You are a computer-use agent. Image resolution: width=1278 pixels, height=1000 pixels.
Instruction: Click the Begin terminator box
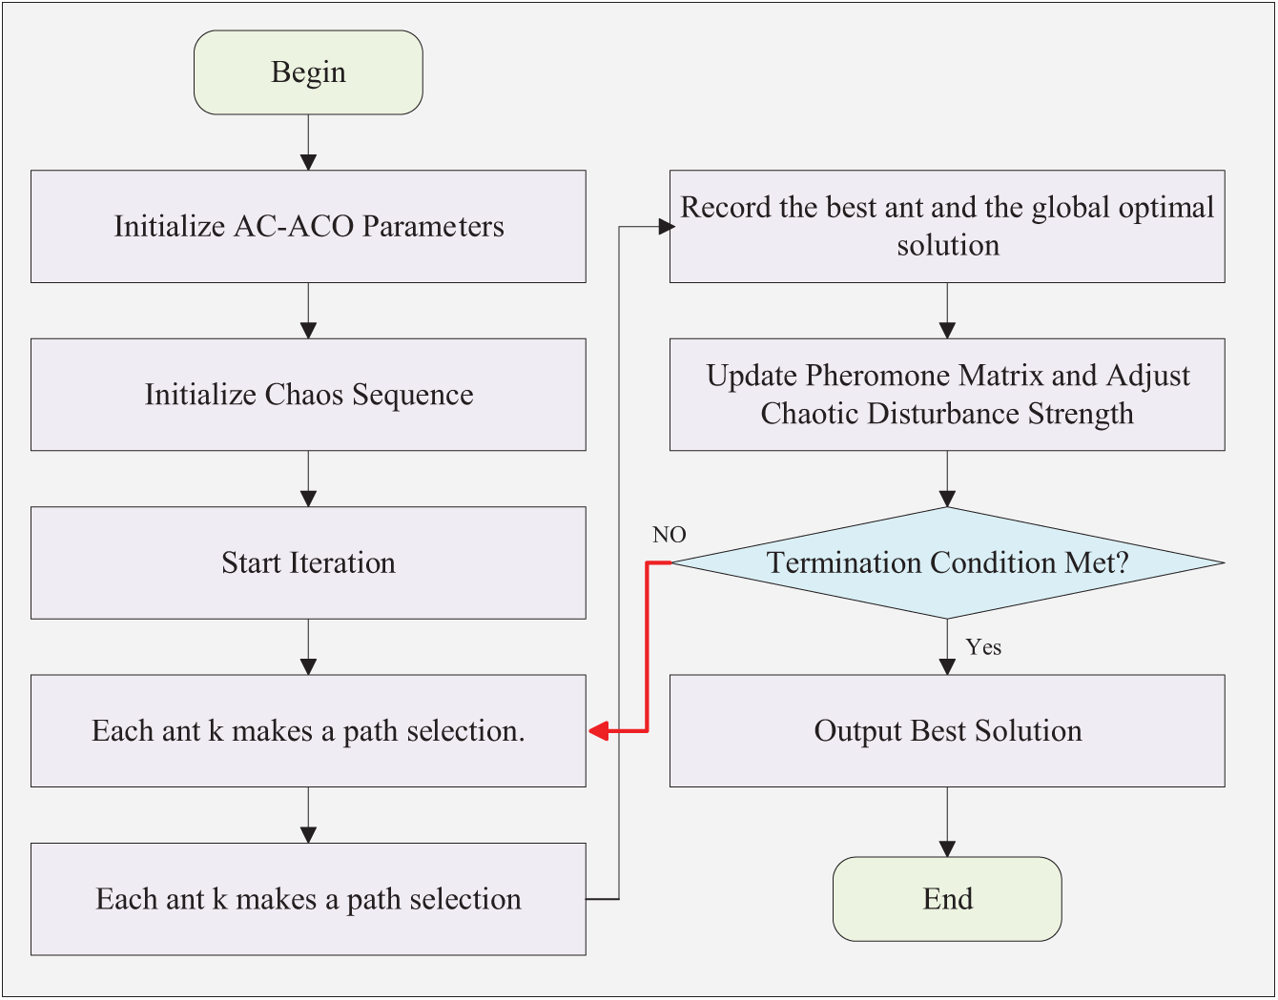(308, 72)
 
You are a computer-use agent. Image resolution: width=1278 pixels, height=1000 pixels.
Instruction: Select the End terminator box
(947, 899)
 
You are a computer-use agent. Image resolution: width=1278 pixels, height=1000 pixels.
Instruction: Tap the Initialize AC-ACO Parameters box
(308, 226)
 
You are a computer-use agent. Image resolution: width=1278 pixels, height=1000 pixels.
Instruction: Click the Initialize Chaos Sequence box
(308, 395)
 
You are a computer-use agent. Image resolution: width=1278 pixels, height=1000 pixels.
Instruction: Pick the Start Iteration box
(308, 562)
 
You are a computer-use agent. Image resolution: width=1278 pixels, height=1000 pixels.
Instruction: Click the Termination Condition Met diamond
(947, 562)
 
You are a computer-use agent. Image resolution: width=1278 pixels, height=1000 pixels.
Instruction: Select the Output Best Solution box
(947, 731)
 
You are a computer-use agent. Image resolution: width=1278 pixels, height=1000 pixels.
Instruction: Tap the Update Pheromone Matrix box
(947, 395)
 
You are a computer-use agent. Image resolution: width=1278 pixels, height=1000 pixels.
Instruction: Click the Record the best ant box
(947, 226)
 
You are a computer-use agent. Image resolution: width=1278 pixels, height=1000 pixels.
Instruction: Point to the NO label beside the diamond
(670, 535)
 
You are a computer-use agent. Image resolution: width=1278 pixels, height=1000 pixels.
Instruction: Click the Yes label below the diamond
(983, 647)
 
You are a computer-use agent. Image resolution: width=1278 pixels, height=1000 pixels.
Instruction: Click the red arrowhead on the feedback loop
(599, 731)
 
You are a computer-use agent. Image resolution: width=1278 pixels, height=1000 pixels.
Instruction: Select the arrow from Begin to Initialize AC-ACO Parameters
(308, 142)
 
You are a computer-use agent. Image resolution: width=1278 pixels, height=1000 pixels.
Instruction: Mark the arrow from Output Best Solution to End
(947, 822)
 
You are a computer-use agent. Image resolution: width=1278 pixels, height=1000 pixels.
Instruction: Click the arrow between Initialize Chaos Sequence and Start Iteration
(308, 479)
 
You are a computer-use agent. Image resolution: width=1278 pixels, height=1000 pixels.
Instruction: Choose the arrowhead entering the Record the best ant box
(667, 226)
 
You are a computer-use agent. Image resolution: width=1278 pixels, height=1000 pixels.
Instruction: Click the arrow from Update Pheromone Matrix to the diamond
(947, 479)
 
